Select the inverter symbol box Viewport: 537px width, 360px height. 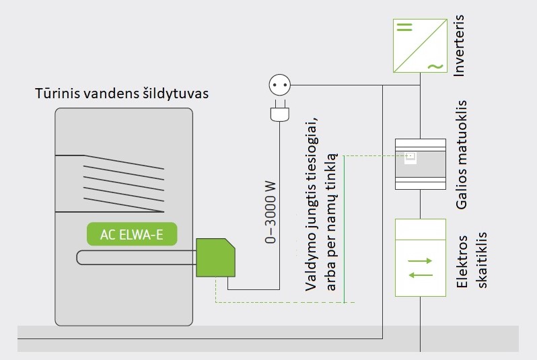pos(420,46)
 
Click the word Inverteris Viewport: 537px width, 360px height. pos(460,43)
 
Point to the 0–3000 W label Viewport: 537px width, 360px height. pos(271,211)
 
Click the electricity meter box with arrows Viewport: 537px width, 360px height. pos(420,258)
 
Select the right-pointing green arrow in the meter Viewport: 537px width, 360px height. pos(420,260)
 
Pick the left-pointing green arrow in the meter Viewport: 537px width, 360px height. pos(420,275)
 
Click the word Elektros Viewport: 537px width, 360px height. pos(462,260)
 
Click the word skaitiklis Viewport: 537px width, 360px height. pos(482,260)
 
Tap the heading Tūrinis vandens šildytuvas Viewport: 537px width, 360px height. pos(122,93)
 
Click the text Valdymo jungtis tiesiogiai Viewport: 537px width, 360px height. pos(311,203)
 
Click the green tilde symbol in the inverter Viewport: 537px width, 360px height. pos(435,66)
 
